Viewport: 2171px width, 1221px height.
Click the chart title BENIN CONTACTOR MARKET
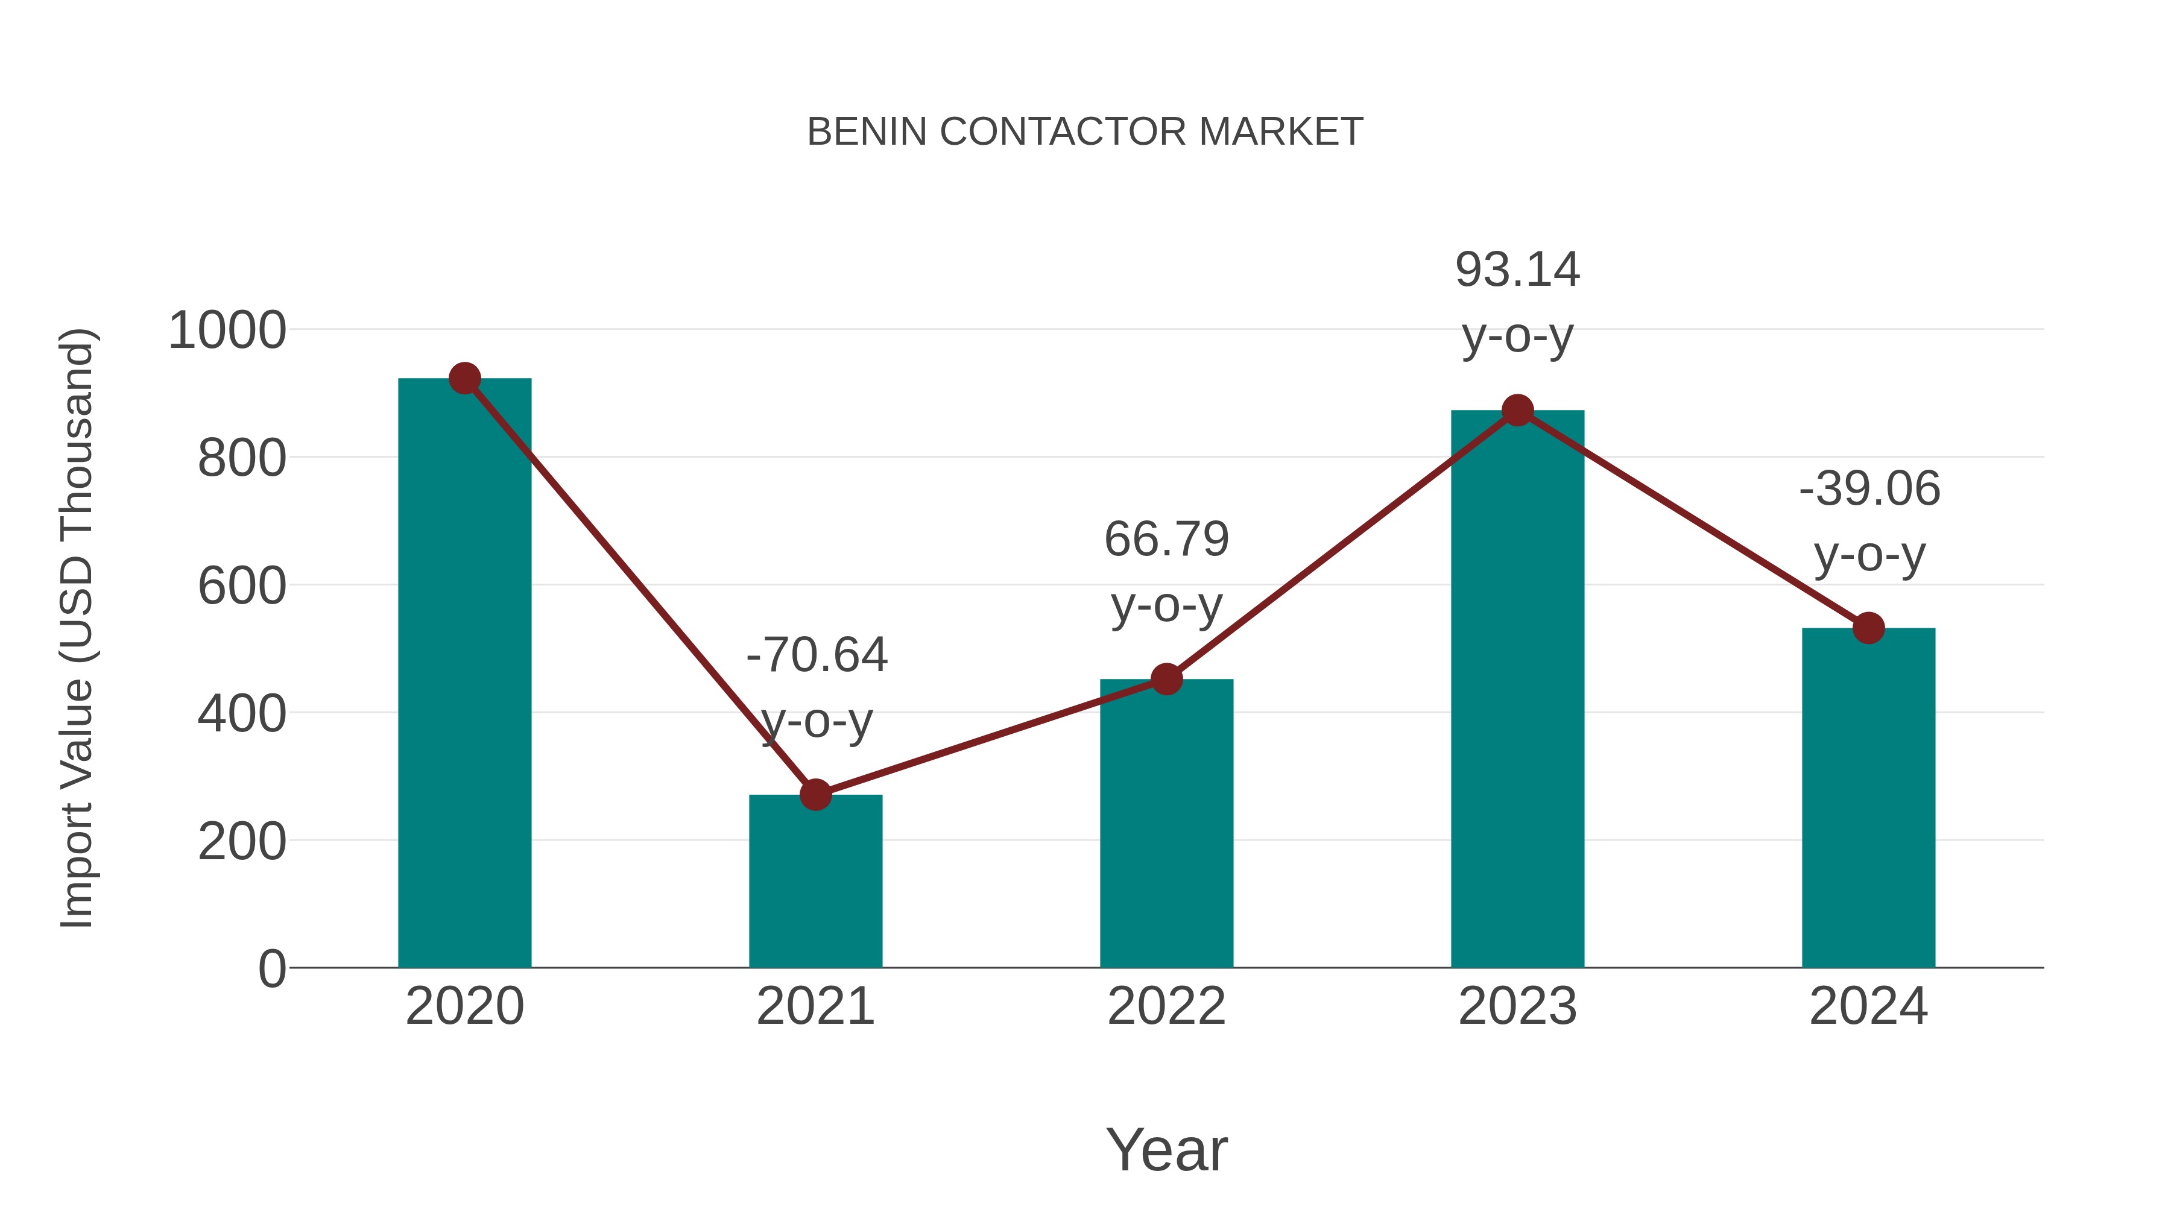pyautogui.click(x=1085, y=132)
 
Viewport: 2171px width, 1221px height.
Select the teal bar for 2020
pyautogui.click(x=464, y=674)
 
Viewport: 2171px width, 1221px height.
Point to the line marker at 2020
pyautogui.click(x=464, y=379)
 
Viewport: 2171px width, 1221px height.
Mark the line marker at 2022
pyautogui.click(x=1166, y=679)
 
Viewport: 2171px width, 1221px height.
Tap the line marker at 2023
pyautogui.click(x=1517, y=411)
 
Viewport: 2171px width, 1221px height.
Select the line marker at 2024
pyautogui.click(x=1868, y=628)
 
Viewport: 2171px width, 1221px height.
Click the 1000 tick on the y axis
pyautogui.click(x=227, y=330)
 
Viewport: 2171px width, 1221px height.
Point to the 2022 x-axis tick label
pyautogui.click(x=1166, y=1007)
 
